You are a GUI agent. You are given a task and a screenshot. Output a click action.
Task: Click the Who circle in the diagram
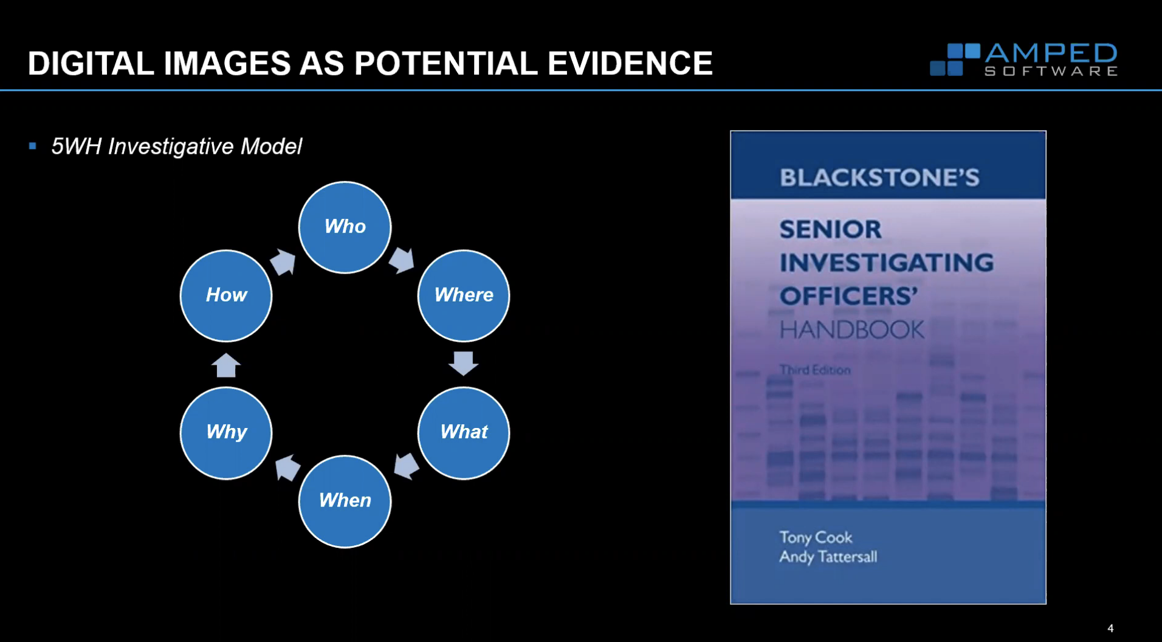pyautogui.click(x=345, y=227)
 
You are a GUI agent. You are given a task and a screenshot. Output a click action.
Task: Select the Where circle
pyautogui.click(x=463, y=295)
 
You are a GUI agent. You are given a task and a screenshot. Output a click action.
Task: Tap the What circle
pyautogui.click(x=463, y=432)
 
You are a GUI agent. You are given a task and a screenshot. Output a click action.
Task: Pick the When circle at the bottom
pyautogui.click(x=345, y=501)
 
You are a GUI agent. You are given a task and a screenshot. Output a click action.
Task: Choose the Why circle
pyautogui.click(x=226, y=432)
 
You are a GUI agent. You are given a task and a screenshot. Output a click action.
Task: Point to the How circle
pyautogui.click(x=226, y=295)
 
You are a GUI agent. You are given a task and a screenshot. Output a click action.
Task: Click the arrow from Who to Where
pyautogui.click(x=402, y=260)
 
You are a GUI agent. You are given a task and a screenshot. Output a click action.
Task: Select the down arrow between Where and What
pyautogui.click(x=463, y=363)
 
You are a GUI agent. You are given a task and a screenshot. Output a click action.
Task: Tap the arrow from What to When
pyautogui.click(x=406, y=466)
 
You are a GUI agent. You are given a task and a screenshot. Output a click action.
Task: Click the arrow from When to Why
pyautogui.click(x=287, y=468)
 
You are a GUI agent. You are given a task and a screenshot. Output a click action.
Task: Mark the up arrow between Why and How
pyautogui.click(x=226, y=365)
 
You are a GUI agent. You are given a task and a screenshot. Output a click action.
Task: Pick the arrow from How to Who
pyautogui.click(x=283, y=262)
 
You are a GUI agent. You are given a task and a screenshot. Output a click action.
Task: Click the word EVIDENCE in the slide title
pyautogui.click(x=630, y=63)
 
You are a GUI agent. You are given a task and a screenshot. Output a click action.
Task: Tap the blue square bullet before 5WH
pyautogui.click(x=33, y=146)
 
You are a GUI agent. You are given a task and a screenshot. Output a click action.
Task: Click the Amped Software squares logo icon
pyautogui.click(x=954, y=60)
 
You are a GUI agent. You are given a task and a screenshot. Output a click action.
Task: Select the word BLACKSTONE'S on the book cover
pyautogui.click(x=879, y=178)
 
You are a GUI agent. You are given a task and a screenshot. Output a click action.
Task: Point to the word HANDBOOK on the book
pyautogui.click(x=851, y=330)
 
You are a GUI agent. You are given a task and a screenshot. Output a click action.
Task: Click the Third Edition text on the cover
pyautogui.click(x=815, y=370)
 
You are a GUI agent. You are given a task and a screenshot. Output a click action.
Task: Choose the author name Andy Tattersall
pyautogui.click(x=828, y=557)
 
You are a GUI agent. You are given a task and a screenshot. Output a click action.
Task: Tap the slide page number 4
pyautogui.click(x=1110, y=628)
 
